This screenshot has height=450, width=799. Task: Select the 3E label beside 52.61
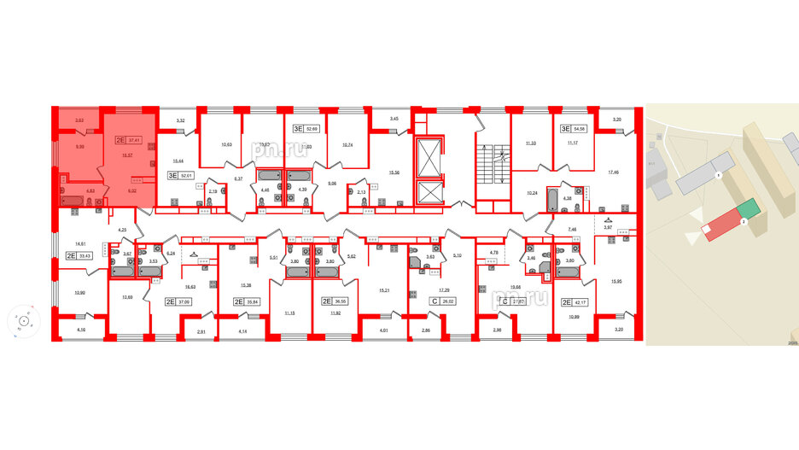point(172,176)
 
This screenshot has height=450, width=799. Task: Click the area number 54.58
point(580,129)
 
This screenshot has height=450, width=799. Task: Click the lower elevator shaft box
point(426,191)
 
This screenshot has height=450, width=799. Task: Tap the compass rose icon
point(23,322)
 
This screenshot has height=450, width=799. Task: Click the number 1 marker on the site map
point(719,175)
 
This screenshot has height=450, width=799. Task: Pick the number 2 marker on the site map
point(744,221)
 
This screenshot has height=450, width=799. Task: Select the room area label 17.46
point(613,172)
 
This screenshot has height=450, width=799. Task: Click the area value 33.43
point(85,255)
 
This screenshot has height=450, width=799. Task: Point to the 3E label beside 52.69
point(299,129)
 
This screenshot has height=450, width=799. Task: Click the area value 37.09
point(184,301)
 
